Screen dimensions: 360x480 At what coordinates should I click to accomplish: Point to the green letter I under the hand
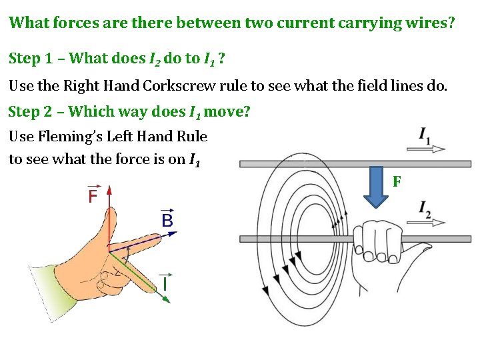click(x=163, y=283)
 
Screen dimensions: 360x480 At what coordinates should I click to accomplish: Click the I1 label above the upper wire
click(x=425, y=136)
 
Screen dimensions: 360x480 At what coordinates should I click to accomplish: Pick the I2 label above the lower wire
click(x=425, y=209)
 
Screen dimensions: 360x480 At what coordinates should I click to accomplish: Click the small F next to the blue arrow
click(x=397, y=181)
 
